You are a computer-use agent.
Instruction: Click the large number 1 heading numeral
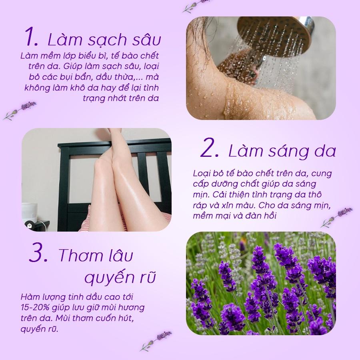(32, 36)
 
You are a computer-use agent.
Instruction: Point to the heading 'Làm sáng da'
(282, 151)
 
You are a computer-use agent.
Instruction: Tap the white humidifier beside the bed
(30, 213)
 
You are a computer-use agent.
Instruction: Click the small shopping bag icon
(29, 226)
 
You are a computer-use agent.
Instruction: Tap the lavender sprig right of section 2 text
(336, 217)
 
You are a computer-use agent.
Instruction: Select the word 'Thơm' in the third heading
(78, 255)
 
